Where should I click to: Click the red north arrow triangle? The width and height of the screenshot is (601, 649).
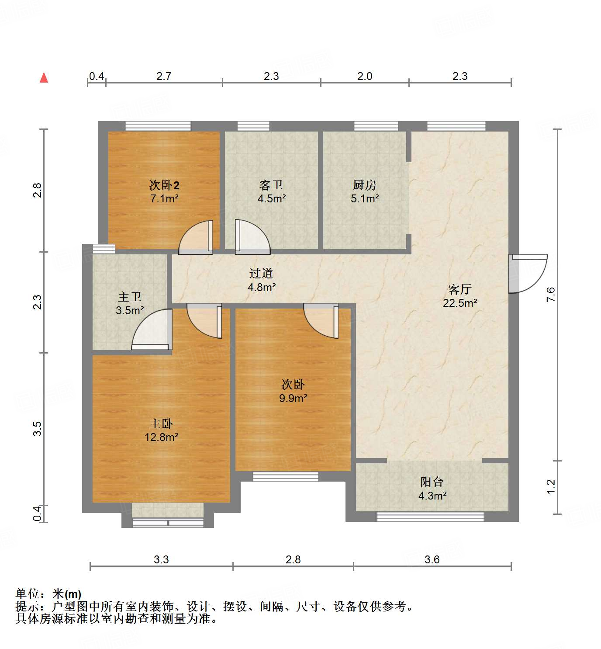click(x=44, y=78)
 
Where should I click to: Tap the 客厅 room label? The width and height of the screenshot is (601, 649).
click(x=459, y=289)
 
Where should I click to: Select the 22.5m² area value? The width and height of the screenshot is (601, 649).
click(x=459, y=303)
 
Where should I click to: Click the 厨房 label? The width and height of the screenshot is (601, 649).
click(x=364, y=185)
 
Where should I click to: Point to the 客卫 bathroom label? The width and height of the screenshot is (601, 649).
click(x=271, y=185)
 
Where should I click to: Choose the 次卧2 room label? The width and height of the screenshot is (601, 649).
click(x=164, y=185)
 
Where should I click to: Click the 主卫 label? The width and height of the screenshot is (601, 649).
click(x=130, y=297)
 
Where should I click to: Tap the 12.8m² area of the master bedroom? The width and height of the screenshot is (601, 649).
click(x=161, y=437)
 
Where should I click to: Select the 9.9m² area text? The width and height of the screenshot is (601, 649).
click(x=293, y=398)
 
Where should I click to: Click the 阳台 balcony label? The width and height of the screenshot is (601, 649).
click(x=432, y=482)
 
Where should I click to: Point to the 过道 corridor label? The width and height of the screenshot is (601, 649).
click(x=261, y=274)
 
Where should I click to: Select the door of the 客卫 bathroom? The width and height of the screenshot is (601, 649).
click(x=252, y=236)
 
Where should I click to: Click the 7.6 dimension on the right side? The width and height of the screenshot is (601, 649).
click(x=551, y=294)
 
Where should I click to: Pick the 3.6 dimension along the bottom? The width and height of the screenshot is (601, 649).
click(x=432, y=559)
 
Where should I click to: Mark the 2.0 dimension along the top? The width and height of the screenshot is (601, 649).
click(x=364, y=76)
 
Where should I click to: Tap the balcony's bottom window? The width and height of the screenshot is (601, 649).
click(x=430, y=517)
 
